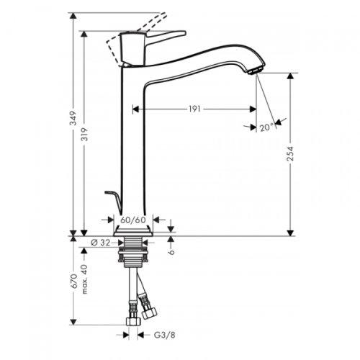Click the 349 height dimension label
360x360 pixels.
pyautogui.click(x=73, y=125)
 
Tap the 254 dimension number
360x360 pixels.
pyautogui.click(x=291, y=154)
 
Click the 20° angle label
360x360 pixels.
pyautogui.click(x=266, y=127)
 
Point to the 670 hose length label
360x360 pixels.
pyautogui.click(x=73, y=279)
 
